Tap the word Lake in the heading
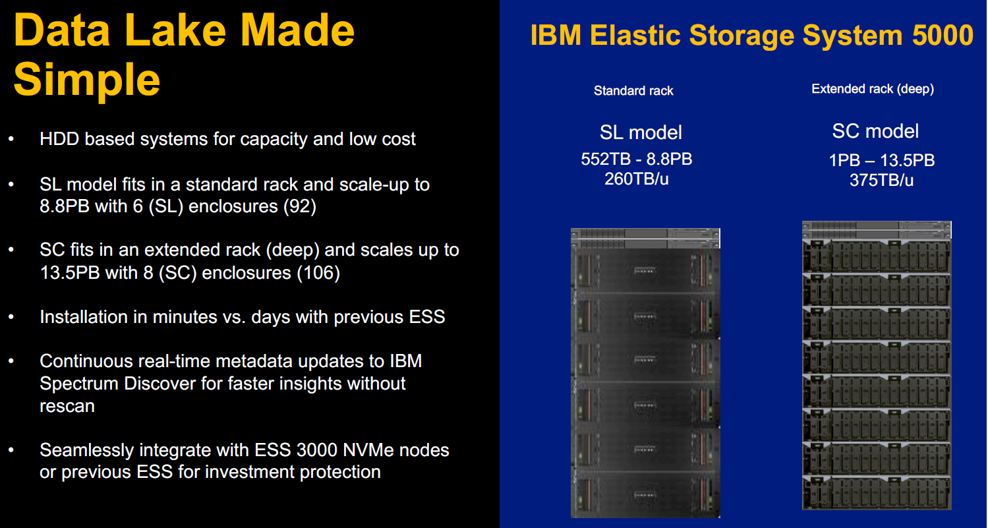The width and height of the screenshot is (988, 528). click(x=175, y=30)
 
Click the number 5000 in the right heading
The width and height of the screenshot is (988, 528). click(x=943, y=35)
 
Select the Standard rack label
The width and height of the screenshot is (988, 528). click(x=633, y=91)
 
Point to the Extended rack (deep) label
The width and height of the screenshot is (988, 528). click(x=873, y=89)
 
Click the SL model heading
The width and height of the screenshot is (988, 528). click(x=641, y=132)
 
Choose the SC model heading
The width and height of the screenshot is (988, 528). click(x=875, y=131)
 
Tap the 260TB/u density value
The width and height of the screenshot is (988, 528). click(x=637, y=179)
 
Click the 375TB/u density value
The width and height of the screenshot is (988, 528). click(x=882, y=180)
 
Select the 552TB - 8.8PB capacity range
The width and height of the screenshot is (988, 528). click(x=637, y=159)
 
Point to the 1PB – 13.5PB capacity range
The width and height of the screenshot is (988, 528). click(x=882, y=160)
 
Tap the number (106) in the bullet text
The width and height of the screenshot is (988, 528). click(x=318, y=273)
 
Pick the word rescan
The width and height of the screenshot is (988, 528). click(x=67, y=406)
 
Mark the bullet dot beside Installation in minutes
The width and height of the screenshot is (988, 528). click(x=11, y=316)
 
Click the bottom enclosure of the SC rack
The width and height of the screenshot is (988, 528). click(x=877, y=492)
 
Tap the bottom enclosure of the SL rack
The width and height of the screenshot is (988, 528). click(x=645, y=494)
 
